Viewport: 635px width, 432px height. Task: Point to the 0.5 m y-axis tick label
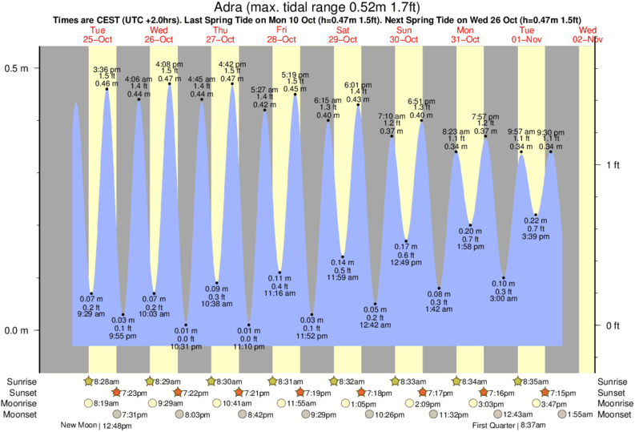(17, 68)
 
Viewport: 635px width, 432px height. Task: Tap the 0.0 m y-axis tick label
(17, 330)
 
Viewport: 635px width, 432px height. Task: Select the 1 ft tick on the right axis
(613, 165)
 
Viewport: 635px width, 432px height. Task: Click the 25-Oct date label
(97, 38)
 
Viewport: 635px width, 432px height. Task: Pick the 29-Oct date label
(343, 38)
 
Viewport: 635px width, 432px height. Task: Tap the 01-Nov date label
(528, 38)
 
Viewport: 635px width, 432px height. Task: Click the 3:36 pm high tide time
(107, 70)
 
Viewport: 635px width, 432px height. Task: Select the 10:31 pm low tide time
(187, 346)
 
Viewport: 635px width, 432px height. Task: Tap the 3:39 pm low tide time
(535, 236)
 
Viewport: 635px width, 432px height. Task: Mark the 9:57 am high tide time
(521, 131)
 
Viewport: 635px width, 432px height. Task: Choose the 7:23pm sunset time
(134, 393)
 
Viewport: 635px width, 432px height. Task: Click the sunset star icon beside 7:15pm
(545, 393)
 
